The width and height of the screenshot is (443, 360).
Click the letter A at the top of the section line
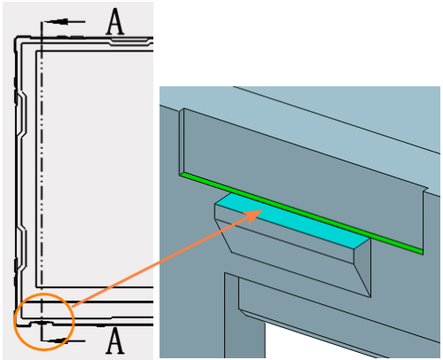click(x=115, y=21)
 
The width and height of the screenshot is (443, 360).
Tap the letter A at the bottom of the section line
click(x=115, y=340)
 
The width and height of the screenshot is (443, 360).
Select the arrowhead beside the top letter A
click(x=59, y=21)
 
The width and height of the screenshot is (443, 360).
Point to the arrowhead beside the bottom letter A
click(x=58, y=340)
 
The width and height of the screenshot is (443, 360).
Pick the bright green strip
click(x=301, y=214)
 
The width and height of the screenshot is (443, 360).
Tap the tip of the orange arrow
click(x=263, y=210)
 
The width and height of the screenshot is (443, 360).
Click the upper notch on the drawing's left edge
click(x=22, y=115)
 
